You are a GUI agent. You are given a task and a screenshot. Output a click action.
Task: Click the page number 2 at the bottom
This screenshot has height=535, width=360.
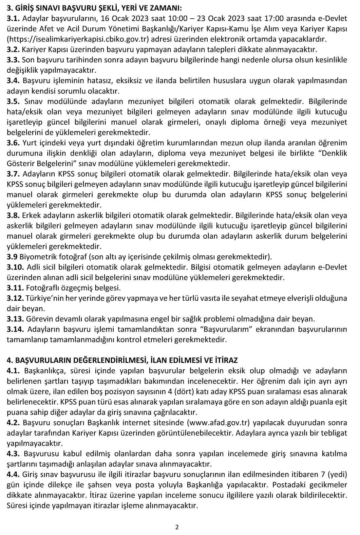coord(177,527)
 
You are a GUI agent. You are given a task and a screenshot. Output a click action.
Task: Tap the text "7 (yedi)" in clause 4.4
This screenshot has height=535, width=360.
coord(335,475)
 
